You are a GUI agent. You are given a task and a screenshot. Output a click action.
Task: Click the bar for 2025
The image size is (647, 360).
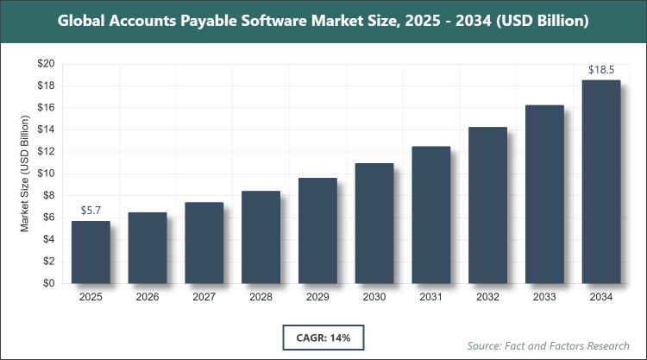(91, 252)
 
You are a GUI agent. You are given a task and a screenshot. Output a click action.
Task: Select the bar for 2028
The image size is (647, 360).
(261, 237)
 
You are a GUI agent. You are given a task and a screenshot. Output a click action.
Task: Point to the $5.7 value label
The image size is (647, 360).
(91, 211)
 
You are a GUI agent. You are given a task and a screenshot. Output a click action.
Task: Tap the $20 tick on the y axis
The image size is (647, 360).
(45, 64)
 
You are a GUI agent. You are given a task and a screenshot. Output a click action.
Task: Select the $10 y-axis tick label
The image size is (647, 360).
(45, 174)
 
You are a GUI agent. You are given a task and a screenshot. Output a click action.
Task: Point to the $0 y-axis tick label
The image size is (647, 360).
(48, 283)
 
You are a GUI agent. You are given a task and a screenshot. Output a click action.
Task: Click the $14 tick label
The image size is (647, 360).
(45, 129)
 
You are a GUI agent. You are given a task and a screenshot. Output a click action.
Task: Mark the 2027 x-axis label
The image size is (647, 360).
(204, 297)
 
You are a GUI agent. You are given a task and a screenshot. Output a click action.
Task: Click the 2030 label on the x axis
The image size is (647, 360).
(374, 297)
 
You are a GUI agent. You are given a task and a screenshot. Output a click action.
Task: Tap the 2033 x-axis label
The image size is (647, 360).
(544, 297)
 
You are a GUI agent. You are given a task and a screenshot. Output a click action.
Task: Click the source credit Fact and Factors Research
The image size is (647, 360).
(560, 345)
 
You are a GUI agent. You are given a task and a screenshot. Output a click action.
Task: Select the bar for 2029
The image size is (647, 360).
(317, 231)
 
